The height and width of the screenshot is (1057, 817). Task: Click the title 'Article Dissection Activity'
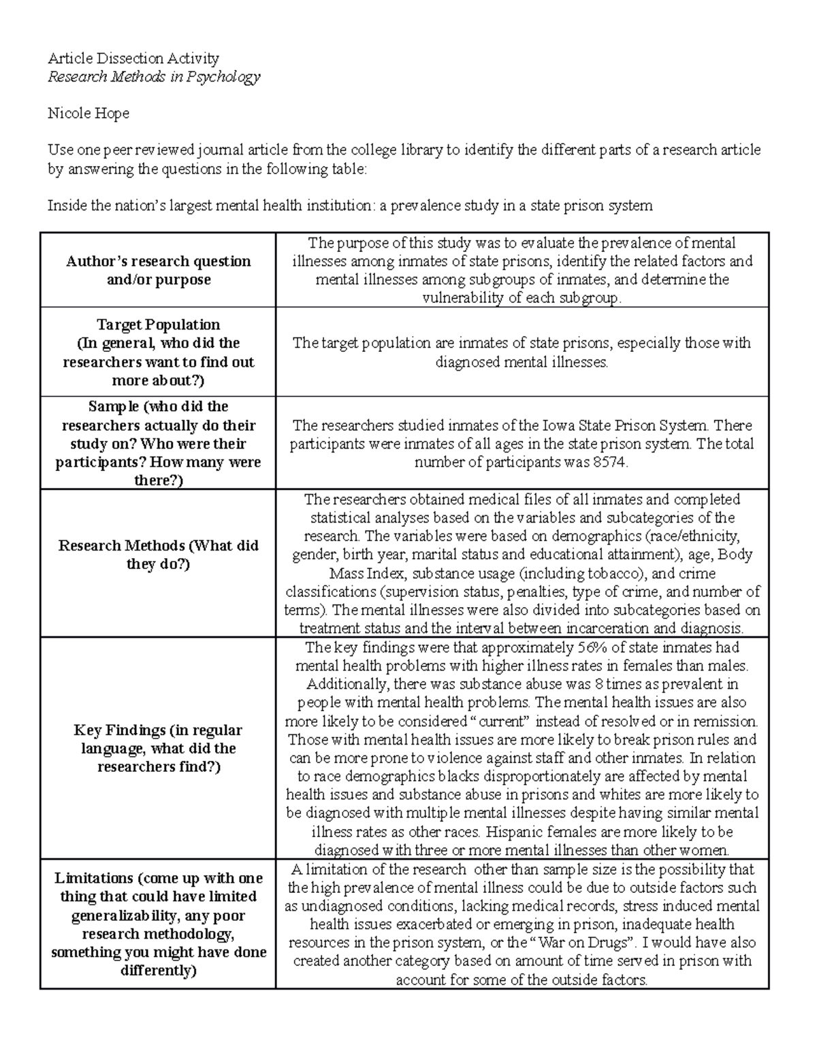coord(133,58)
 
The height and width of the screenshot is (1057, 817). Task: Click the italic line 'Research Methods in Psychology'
coord(153,76)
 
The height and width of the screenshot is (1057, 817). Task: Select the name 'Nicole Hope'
coord(88,113)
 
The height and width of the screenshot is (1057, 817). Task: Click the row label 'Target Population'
coord(158,325)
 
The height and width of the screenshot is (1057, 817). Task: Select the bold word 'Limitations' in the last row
coord(94,878)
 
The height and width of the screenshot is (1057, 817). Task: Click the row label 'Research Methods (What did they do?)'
coord(158,555)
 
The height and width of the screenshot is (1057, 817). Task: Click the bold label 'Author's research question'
coord(158,261)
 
